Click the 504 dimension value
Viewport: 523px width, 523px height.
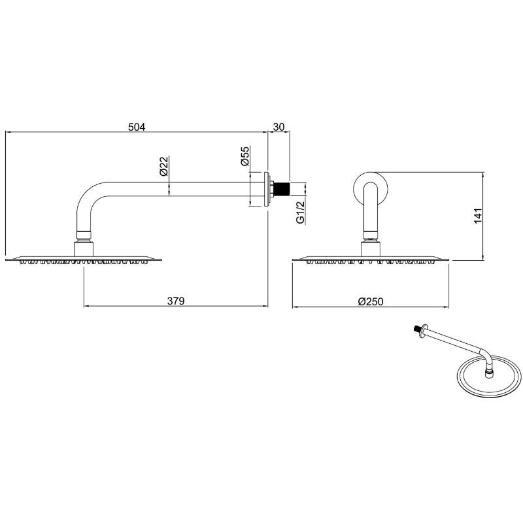pyautogui.click(x=137, y=127)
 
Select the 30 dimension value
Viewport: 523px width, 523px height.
pyautogui.click(x=279, y=127)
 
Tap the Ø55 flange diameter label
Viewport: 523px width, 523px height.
pyautogui.click(x=245, y=156)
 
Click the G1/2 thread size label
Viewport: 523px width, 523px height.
pyautogui.click(x=301, y=212)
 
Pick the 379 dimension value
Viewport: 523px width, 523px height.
pyautogui.click(x=176, y=301)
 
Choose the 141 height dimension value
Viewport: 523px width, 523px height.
pyautogui.click(x=478, y=216)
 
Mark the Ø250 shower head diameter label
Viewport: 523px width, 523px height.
pyautogui.click(x=371, y=301)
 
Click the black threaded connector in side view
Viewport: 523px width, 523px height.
pyautogui.click(x=282, y=189)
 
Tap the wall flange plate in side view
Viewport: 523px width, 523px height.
pyautogui.click(x=267, y=189)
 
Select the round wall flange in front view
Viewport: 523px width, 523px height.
pyautogui.click(x=370, y=189)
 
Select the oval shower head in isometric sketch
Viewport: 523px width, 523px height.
pyautogui.click(x=488, y=377)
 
